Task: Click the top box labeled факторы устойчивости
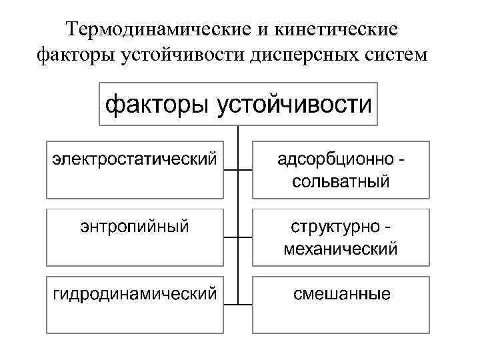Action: click(238, 103)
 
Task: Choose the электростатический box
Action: click(135, 169)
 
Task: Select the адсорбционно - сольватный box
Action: click(341, 169)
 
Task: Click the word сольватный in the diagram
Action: click(341, 181)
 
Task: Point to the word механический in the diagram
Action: click(341, 249)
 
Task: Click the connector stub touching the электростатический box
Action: click(231, 170)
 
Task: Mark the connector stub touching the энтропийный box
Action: click(231, 237)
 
